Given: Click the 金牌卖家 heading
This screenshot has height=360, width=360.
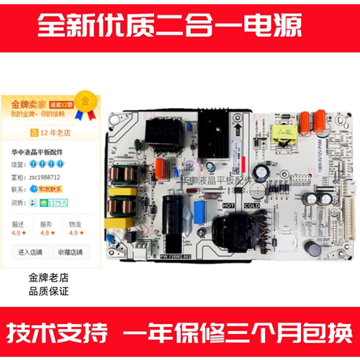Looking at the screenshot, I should [26, 104].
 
